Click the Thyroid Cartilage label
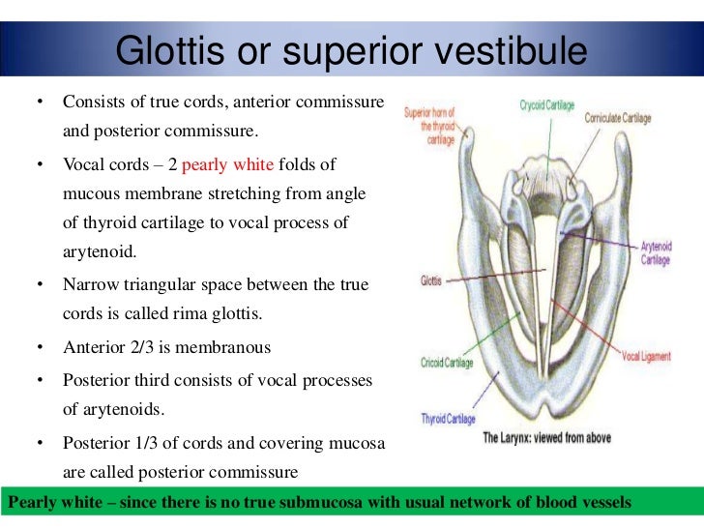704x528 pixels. tap(446, 418)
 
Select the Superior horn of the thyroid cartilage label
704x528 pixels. tap(429, 127)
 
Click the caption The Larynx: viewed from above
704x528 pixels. tap(545, 437)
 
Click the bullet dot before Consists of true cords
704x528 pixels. tap(41, 102)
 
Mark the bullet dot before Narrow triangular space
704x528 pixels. tap(41, 285)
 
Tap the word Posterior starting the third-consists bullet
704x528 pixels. tap(95, 378)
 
